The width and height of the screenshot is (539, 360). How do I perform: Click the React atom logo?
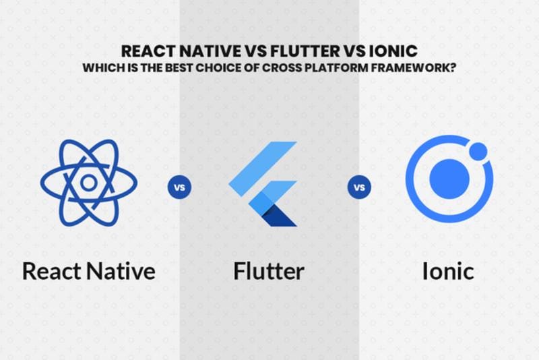(x=88, y=182)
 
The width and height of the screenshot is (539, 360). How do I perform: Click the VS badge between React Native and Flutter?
(x=179, y=186)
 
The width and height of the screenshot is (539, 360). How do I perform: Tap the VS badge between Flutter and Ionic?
(x=360, y=186)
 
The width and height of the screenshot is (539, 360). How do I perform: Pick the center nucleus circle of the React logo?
(x=88, y=182)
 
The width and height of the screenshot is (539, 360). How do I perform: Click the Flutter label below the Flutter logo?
(x=269, y=271)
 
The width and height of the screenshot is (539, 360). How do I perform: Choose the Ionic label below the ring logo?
(x=447, y=271)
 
